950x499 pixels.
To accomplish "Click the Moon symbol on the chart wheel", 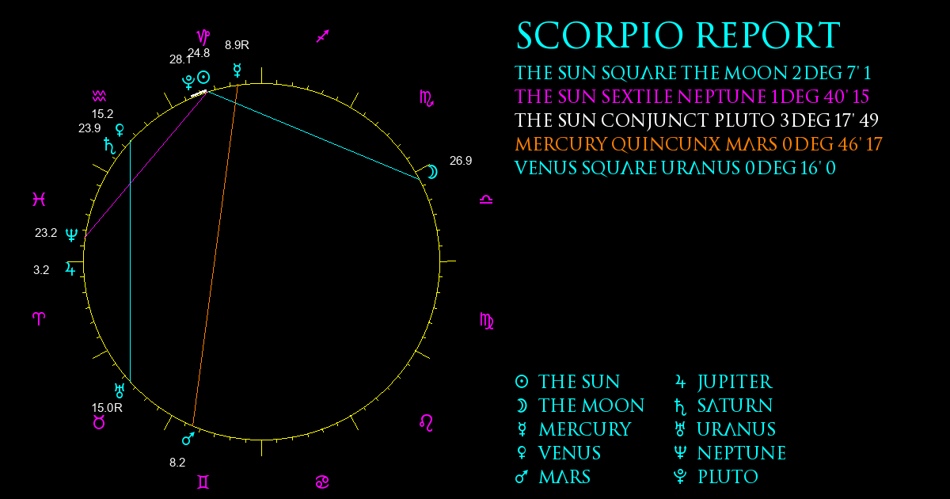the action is coord(432,172).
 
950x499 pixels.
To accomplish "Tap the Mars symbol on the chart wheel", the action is coord(188,439).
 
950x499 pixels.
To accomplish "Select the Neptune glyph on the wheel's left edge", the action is coord(72,234).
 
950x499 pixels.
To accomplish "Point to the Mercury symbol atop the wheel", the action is coord(237,70).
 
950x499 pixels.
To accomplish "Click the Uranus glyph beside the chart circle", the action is coord(120,390).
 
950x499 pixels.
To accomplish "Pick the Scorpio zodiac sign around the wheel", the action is coord(427,98).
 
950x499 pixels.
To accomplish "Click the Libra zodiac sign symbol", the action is coord(486,200).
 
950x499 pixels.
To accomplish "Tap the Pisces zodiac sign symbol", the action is coord(39,199).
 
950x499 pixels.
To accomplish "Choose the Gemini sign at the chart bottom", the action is coord(203,482).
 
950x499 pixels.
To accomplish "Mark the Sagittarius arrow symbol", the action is coord(323,36).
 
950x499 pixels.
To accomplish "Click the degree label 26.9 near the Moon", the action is coord(461,161).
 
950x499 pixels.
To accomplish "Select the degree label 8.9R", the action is coord(237,45).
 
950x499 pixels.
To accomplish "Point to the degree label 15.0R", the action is coord(107,408).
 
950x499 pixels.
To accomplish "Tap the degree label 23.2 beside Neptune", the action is coord(46,233).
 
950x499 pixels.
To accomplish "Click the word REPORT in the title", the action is coord(768,36).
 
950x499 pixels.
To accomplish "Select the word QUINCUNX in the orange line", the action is coord(666,144).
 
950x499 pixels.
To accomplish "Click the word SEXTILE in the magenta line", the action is coord(637,97).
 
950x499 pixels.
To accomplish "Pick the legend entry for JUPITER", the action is coord(724,382).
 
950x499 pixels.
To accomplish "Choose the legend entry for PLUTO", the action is coord(716,477).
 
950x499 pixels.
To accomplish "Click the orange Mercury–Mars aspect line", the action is coord(215,255).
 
